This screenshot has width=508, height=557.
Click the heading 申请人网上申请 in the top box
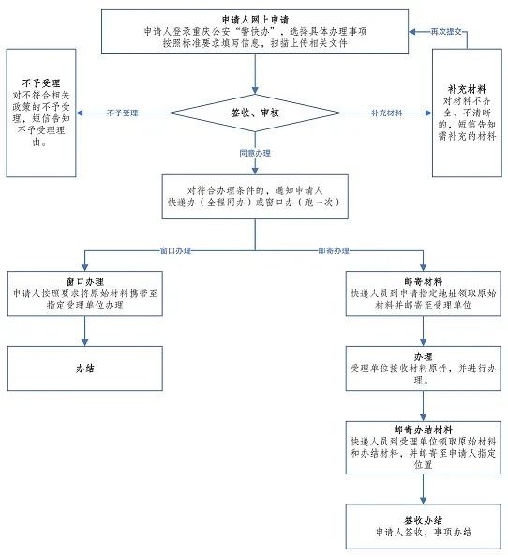pos(255,20)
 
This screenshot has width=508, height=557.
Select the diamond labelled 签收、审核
pos(255,113)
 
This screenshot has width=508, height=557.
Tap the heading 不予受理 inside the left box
pos(41,83)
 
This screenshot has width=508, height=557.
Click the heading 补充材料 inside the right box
pos(467,89)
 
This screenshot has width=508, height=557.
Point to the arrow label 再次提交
pos(446,32)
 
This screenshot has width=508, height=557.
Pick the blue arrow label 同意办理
pos(255,153)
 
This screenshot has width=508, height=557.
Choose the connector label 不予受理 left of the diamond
pos(123,113)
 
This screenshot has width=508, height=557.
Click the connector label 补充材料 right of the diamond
pos(386,113)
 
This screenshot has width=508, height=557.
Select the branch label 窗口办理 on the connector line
pos(175,250)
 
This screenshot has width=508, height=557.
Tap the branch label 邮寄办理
pos(334,250)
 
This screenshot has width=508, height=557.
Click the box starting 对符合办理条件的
pos(255,196)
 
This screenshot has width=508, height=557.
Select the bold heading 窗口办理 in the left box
pos(85,281)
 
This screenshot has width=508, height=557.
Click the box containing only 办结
pos(85,369)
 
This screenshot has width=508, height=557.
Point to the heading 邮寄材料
pos(423,281)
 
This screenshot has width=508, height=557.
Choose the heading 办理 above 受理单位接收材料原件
pos(423,356)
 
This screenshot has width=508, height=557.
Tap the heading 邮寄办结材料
pos(423,429)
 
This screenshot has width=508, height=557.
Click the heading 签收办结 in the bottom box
pos(423,520)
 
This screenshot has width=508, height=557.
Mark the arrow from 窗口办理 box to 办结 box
pos(85,331)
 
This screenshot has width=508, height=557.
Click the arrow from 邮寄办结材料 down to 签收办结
pos(423,489)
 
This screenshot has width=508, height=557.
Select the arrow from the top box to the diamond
pos(255,74)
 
